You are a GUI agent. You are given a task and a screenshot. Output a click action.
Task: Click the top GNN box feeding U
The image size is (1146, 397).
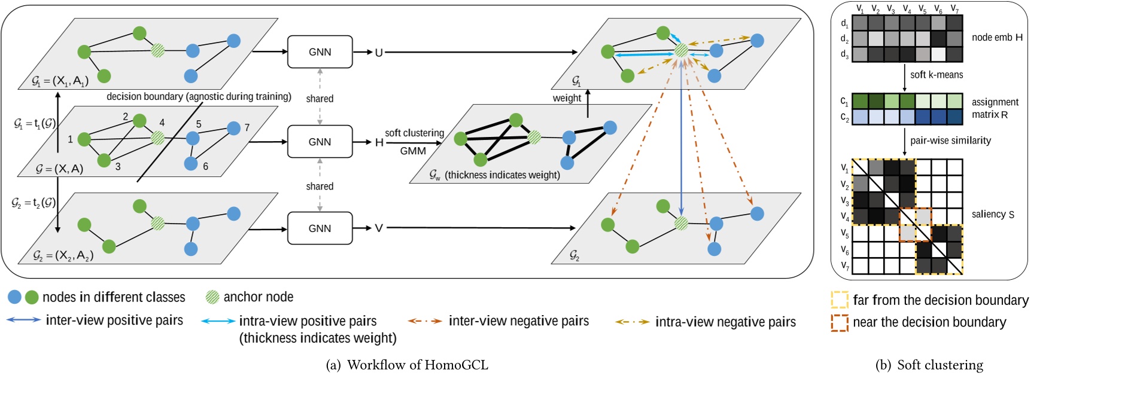coord(320,52)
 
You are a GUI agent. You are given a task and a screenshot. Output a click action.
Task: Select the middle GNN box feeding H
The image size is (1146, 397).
coord(320,142)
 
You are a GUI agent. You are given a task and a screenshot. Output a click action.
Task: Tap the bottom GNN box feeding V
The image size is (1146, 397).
coord(320,228)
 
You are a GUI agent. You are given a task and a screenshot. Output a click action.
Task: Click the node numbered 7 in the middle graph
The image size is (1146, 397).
coord(234,128)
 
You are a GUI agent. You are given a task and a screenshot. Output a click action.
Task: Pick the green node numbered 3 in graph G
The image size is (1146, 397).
coord(104,160)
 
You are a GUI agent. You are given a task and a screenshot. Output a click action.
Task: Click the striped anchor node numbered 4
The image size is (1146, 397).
coord(157,138)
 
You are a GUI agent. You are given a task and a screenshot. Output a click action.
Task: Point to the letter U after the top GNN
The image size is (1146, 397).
coord(379,53)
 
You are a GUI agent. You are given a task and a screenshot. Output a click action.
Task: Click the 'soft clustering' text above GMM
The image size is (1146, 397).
coord(414,133)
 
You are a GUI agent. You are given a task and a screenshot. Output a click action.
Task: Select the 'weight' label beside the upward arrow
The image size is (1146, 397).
coord(566,98)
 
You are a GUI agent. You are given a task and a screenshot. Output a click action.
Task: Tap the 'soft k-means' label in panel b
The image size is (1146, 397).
coord(937,75)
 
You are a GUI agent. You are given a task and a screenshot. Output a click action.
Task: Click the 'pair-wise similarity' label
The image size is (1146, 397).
coord(950,141)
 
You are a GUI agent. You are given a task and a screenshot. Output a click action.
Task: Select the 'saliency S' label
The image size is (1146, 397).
coord(993,214)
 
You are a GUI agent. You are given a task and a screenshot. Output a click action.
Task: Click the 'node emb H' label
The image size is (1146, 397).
coord(997,37)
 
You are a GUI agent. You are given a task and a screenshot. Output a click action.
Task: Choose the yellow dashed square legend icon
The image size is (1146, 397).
coord(840,300)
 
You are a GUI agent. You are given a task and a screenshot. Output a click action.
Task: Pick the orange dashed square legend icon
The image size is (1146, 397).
coord(840,322)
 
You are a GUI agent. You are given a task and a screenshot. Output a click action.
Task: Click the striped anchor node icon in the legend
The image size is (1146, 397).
coord(212,297)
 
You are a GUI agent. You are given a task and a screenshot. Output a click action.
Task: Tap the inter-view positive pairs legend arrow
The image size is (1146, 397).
coord(24,320)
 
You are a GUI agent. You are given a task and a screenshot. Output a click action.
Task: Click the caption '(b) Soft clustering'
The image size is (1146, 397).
coord(929,365)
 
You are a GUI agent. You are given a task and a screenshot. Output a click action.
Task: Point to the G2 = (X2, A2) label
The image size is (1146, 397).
coord(62,255)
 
